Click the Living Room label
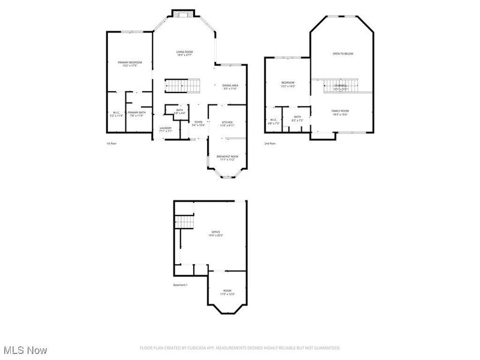pyautogui.click(x=184, y=53)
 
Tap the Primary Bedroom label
pyautogui.click(x=129, y=64)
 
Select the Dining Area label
pyautogui.click(x=230, y=87)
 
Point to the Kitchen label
pyautogui.click(x=226, y=124)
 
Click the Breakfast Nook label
pyautogui.click(x=227, y=158)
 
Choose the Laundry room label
pyautogui.click(x=166, y=129)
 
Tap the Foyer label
pyautogui.click(x=198, y=124)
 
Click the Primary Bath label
pyautogui.click(x=137, y=113)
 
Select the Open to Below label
pyautogui.click(x=343, y=54)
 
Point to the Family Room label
pyautogui.click(x=340, y=112)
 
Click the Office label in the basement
pyautogui.click(x=215, y=233)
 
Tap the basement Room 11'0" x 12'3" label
pyautogui.click(x=226, y=292)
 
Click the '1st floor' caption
pyautogui.click(x=112, y=143)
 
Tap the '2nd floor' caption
pyautogui.click(x=270, y=143)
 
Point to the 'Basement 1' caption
pyautogui.click(x=181, y=285)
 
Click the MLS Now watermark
pyautogui.click(x=25, y=349)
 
